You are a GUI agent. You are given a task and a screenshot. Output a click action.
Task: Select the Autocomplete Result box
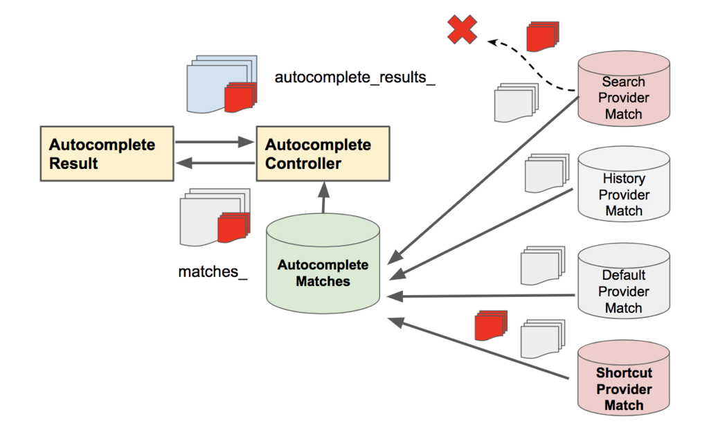point(105,154)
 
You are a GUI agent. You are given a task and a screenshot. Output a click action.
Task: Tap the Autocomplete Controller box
point(323,154)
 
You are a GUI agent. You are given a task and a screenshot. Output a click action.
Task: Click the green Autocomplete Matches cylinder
point(323,271)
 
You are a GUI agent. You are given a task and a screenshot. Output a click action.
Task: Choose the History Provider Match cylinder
point(623,188)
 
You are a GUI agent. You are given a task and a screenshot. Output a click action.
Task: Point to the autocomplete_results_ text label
point(355,77)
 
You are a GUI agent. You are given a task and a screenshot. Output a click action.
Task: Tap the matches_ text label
point(213,271)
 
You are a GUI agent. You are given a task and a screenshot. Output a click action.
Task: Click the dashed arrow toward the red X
point(533,69)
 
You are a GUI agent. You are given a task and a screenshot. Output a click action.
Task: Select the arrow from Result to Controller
point(215,142)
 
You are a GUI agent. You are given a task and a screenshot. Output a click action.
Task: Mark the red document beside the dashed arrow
point(542,36)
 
